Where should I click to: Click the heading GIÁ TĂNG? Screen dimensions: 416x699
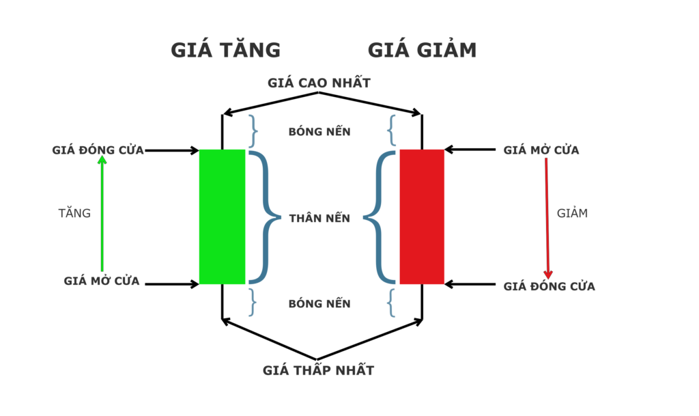[x=225, y=50]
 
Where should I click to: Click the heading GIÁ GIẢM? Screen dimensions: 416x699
[x=422, y=50]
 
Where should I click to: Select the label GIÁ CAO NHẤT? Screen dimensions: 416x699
[x=319, y=83]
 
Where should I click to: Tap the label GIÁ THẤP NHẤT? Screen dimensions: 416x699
[x=319, y=370]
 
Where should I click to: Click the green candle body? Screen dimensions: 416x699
[x=222, y=216]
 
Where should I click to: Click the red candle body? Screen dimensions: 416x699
[x=422, y=216]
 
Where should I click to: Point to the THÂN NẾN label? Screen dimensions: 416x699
[x=319, y=219]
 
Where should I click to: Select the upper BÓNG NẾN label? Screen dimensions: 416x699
[x=319, y=132]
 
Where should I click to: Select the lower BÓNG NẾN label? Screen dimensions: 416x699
[x=319, y=303]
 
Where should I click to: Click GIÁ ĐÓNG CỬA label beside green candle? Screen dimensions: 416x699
[x=98, y=150]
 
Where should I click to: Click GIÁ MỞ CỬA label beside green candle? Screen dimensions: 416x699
[x=102, y=281]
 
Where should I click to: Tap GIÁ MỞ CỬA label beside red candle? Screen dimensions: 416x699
[x=541, y=150]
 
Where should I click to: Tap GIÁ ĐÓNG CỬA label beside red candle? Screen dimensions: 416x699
[x=550, y=286]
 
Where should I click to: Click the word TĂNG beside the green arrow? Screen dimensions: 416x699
[x=74, y=213]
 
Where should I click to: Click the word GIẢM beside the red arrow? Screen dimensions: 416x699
[x=572, y=213]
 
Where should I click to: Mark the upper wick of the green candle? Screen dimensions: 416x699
[x=222, y=131]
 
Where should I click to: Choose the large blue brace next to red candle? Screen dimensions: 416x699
[x=380, y=217]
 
